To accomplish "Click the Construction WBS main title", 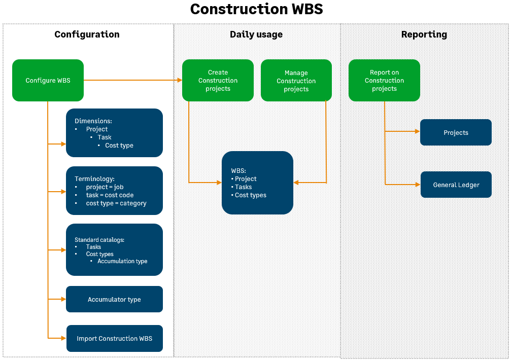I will tap(256, 9).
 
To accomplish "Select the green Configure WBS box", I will tap(48, 81).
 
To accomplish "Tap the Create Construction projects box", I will tap(218, 81).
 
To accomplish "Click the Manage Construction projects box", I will tap(296, 81).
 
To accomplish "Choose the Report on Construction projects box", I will tap(384, 81).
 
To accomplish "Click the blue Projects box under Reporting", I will tap(456, 133).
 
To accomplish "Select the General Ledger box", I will tap(456, 185).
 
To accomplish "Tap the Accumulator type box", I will tap(114, 300).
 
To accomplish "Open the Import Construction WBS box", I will tap(114, 339).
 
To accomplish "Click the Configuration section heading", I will tap(87, 34).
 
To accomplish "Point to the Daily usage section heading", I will tap(256, 34).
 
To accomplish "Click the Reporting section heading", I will tap(424, 34).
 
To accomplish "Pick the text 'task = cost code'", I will tap(110, 195).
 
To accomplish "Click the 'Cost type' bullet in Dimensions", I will tap(119, 146).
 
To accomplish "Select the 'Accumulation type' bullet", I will tap(122, 261).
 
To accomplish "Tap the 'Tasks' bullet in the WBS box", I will tap(243, 187).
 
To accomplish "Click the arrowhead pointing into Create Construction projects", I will tap(180, 81).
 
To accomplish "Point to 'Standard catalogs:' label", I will tap(99, 240).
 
